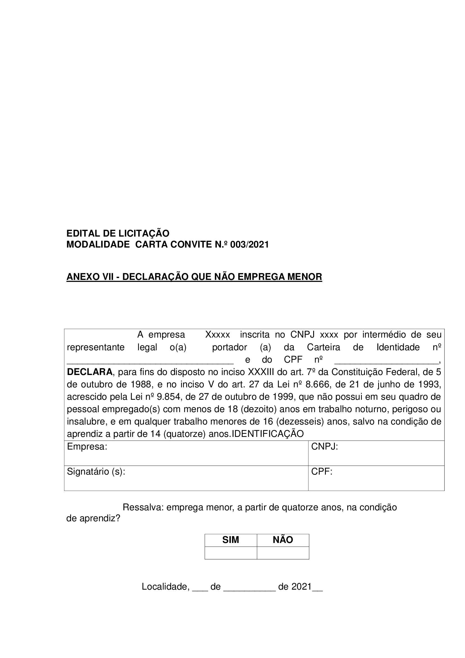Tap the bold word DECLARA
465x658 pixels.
(x=90, y=372)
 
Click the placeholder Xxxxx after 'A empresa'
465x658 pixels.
(x=218, y=335)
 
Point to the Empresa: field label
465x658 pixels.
(x=87, y=447)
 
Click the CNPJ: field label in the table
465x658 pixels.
(x=325, y=447)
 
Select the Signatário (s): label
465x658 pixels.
(x=96, y=472)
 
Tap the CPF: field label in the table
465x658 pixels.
(x=322, y=472)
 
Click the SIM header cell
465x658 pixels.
(x=231, y=540)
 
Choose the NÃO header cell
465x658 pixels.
(x=283, y=540)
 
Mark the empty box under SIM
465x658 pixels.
(x=231, y=553)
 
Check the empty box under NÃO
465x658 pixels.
(x=283, y=553)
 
